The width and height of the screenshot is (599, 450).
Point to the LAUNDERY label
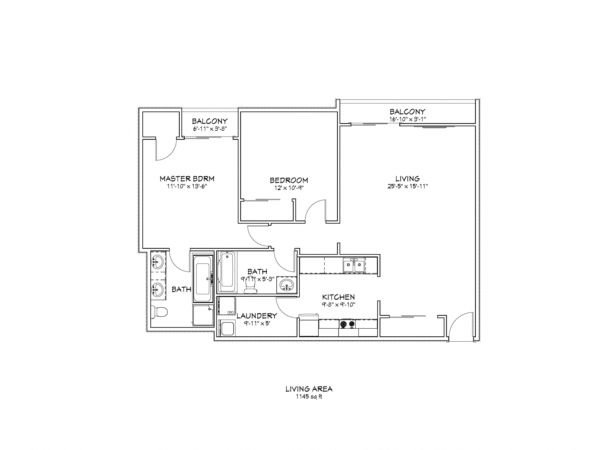point(257,316)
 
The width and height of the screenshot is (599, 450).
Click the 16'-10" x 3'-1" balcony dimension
point(407,119)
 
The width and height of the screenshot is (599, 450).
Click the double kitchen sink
point(354,266)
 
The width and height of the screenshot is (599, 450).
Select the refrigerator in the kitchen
point(309,325)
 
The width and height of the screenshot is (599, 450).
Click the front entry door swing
point(460,325)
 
